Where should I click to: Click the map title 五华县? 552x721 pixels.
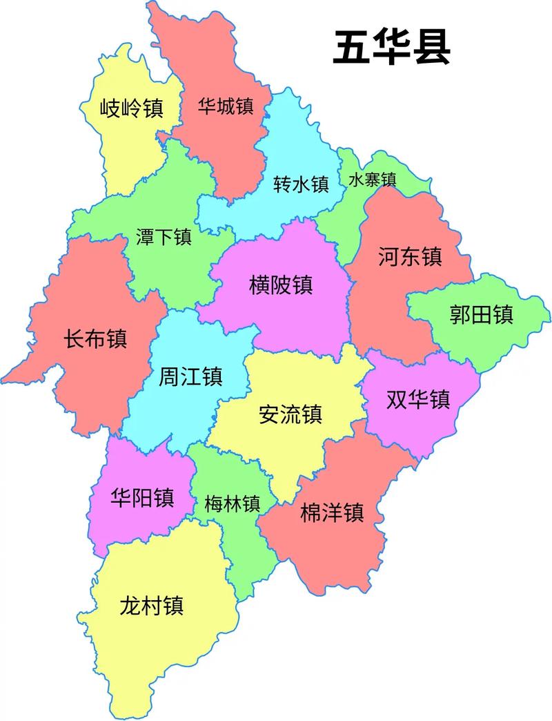pyautogui.click(x=391, y=48)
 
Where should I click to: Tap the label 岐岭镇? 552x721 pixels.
pyautogui.click(x=131, y=108)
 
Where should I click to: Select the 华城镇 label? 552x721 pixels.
pyautogui.click(x=226, y=106)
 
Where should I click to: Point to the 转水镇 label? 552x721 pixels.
pyautogui.click(x=301, y=184)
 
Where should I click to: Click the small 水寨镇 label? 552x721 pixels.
pyautogui.click(x=372, y=180)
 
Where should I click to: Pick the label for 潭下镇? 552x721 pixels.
pyautogui.click(x=164, y=238)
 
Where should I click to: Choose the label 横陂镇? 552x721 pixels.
pyautogui.click(x=281, y=285)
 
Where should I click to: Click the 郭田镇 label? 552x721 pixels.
pyautogui.click(x=481, y=316)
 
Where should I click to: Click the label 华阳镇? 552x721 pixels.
pyautogui.click(x=142, y=497)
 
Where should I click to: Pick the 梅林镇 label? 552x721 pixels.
pyautogui.click(x=232, y=504)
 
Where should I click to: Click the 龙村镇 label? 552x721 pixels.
pyautogui.click(x=151, y=606)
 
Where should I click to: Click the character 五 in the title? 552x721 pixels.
pyautogui.click(x=352, y=48)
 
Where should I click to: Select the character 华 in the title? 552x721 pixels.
pyautogui.click(x=391, y=48)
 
